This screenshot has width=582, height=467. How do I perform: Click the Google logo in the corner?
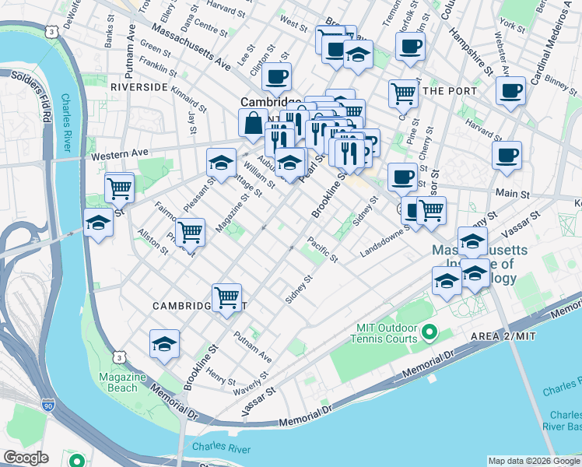pyautogui.click(x=26, y=458)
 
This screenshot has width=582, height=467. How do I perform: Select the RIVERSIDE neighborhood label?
pyautogui.click(x=138, y=87)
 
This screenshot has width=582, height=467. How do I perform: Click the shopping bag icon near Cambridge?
pyautogui.click(x=253, y=123)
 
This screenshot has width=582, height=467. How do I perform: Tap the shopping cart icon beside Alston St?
pyautogui.click(x=190, y=231)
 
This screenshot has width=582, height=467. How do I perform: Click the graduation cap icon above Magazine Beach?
pyautogui.click(x=165, y=344)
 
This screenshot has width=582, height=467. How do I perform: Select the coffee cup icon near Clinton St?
pyautogui.click(x=276, y=77)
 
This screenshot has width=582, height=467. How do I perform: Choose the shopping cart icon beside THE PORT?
pyautogui.click(x=403, y=93)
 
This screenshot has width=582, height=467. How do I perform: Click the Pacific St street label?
pyautogui.click(x=321, y=249)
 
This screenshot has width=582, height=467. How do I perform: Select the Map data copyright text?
pyautogui.click(x=533, y=461)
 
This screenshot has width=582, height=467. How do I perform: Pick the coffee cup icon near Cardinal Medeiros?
pyautogui.click(x=511, y=90)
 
